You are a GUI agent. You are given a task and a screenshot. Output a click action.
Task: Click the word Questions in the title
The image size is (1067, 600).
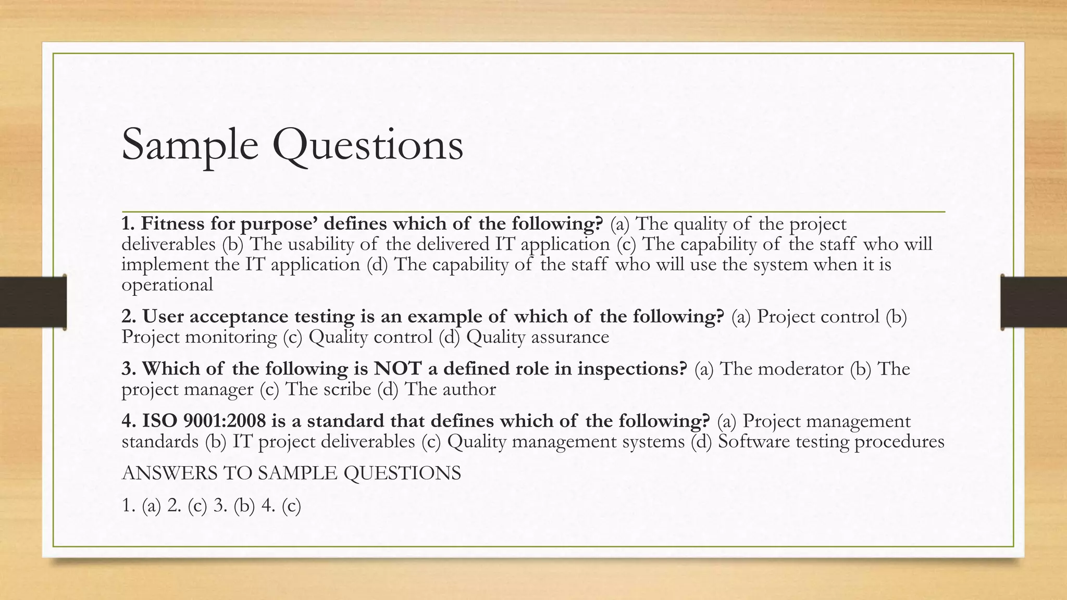[x=367, y=146]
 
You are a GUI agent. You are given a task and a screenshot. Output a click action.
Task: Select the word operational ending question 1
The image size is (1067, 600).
[x=167, y=285]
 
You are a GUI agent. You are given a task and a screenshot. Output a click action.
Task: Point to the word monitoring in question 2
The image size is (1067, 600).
[x=231, y=337]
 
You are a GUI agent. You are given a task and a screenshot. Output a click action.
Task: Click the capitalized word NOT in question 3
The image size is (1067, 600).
[x=398, y=369]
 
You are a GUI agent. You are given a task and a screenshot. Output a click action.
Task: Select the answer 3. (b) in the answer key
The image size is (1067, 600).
[x=234, y=506]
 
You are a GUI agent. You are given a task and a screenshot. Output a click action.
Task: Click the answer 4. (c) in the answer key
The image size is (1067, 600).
[x=281, y=506]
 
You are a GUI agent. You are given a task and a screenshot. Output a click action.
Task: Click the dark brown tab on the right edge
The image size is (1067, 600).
[x=1034, y=302]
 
